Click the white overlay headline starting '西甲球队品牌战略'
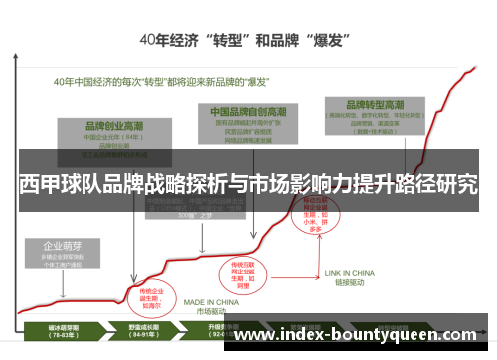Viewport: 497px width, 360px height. tap(248, 185)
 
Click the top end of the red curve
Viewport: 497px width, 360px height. tap(476, 68)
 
